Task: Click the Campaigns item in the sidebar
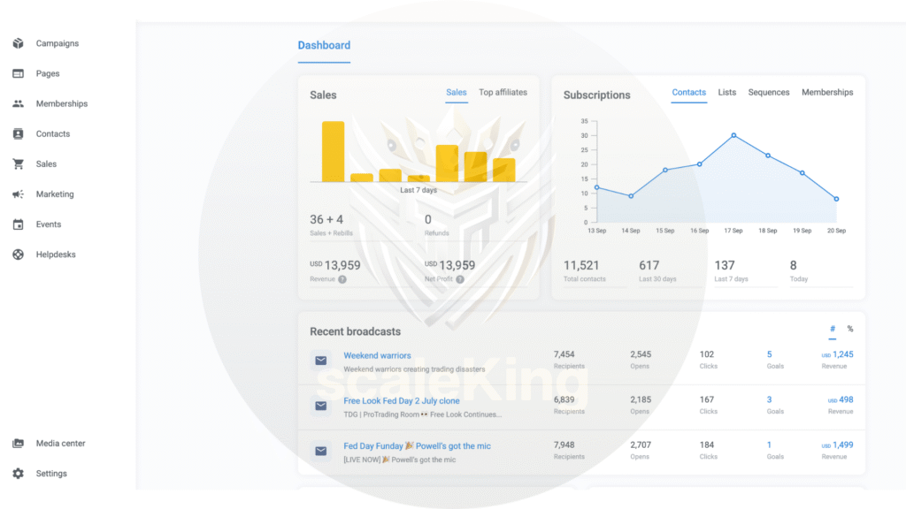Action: [57, 43]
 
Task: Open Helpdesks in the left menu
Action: [55, 254]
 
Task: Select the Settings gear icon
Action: [19, 474]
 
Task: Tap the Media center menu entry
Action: [60, 444]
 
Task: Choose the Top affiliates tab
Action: [503, 92]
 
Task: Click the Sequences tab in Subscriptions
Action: [768, 92]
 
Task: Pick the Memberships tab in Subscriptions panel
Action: [827, 92]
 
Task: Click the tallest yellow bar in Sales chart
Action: [333, 151]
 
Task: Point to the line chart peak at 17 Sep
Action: [733, 135]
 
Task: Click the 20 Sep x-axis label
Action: [836, 231]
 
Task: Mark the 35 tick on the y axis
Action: [584, 121]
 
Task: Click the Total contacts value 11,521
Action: [581, 265]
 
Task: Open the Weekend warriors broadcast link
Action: [377, 355]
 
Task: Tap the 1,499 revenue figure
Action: [842, 445]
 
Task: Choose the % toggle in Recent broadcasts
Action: [850, 329]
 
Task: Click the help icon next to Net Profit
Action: [460, 279]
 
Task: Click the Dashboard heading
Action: [324, 45]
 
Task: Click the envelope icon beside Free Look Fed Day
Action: [321, 406]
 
